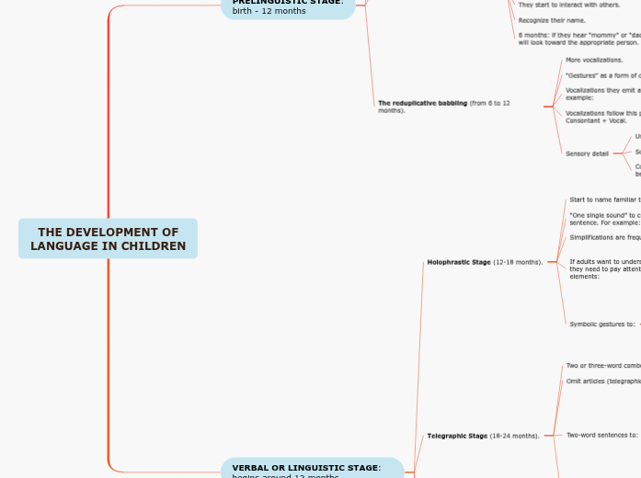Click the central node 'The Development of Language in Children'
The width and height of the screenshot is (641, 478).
point(108,239)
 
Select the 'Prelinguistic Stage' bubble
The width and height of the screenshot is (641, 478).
point(287,6)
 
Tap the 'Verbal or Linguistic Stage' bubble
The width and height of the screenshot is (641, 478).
point(312,469)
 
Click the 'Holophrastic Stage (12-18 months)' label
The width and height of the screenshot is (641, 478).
point(485,262)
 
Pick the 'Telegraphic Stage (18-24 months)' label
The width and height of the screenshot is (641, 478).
point(483,436)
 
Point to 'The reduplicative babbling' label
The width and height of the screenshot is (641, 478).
point(444,106)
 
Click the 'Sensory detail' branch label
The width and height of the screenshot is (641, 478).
point(587,154)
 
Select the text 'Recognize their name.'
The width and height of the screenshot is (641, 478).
point(552,19)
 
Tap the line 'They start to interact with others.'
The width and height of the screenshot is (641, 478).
point(569,5)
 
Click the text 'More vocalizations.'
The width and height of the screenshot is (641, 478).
point(594,60)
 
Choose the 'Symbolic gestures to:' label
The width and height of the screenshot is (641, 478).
point(602,324)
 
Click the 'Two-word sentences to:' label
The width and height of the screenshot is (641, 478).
point(601,435)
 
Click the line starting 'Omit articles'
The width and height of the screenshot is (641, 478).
point(603,381)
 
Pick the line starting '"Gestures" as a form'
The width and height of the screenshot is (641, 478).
point(602,75)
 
